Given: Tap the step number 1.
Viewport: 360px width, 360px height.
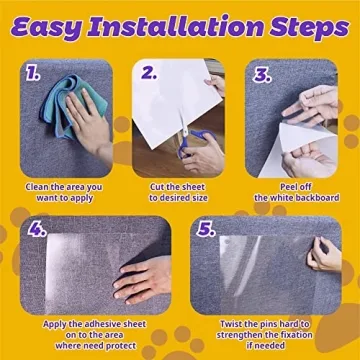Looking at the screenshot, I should click(34, 73).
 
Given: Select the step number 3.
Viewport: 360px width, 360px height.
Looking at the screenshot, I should click(262, 74).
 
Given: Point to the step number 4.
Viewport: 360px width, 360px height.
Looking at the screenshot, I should click(37, 229).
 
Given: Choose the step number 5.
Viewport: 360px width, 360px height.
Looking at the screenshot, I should click(207, 229).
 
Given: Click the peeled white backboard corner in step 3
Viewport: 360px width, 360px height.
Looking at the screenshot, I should click(300, 140).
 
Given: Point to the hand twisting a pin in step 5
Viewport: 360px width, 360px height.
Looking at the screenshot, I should click(325, 255).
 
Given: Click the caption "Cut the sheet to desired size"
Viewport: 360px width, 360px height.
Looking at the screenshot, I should click(180, 192).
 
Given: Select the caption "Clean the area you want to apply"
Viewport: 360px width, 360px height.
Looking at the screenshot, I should click(65, 192).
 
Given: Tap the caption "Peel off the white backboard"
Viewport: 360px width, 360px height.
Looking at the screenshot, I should click(294, 192).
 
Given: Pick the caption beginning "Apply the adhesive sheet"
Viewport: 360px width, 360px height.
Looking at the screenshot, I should click(93, 337).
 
